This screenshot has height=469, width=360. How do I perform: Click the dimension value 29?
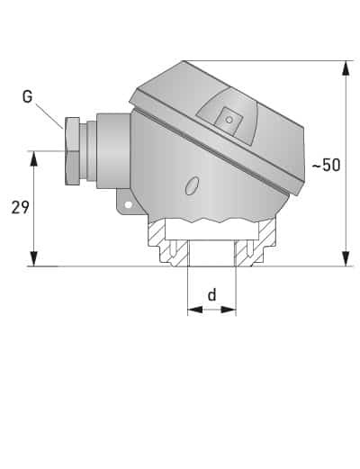pos(20,208)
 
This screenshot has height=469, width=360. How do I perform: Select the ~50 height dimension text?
pos(326,166)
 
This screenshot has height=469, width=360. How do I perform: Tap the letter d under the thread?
pos(211,294)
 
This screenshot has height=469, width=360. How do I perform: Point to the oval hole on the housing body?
pos(191,186)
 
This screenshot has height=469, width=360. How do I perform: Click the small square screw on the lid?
pos(229,119)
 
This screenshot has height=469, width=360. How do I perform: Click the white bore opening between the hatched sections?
pos(211,253)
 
